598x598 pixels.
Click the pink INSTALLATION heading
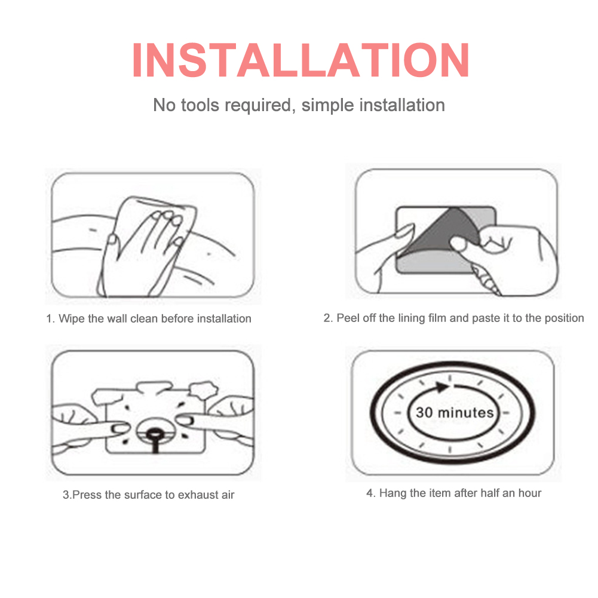(x=300, y=60)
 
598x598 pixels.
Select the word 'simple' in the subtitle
(x=327, y=106)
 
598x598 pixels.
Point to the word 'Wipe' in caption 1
(x=71, y=319)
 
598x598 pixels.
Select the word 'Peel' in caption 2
(x=348, y=318)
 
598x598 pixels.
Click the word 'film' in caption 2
(x=437, y=318)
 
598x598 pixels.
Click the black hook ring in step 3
(x=155, y=433)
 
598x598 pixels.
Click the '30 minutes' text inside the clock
(x=455, y=413)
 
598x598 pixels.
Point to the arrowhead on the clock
(x=442, y=387)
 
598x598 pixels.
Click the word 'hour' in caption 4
(x=530, y=493)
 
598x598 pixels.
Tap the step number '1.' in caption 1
(x=50, y=319)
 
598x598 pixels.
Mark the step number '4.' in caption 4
(x=371, y=493)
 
